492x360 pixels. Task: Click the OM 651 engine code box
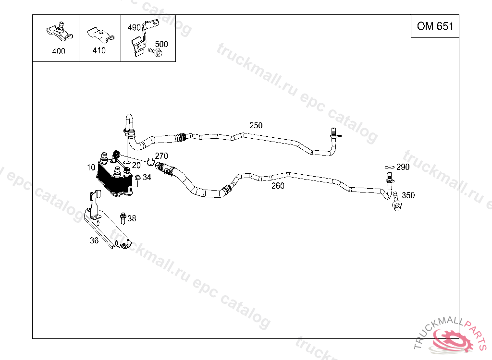click(x=435, y=26)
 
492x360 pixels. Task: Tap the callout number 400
click(x=59, y=51)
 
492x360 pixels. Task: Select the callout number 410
click(x=99, y=50)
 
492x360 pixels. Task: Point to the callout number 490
click(x=134, y=27)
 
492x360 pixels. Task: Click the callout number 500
click(x=161, y=44)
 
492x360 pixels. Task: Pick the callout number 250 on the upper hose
click(x=256, y=125)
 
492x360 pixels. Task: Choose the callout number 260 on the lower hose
click(x=278, y=186)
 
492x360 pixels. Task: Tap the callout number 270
click(x=161, y=156)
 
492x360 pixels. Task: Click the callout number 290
click(x=403, y=167)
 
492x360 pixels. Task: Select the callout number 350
click(x=408, y=195)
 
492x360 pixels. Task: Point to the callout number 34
click(x=147, y=178)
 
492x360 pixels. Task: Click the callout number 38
click(x=132, y=218)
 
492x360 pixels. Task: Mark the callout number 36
click(x=94, y=240)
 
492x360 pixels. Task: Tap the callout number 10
click(x=91, y=168)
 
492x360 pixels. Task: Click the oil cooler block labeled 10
click(x=114, y=178)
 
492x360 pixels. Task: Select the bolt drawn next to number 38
click(x=123, y=217)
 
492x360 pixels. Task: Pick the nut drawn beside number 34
click(x=137, y=179)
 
